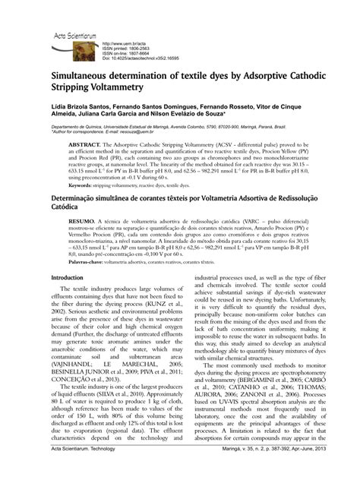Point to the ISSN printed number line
coord(129,49)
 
